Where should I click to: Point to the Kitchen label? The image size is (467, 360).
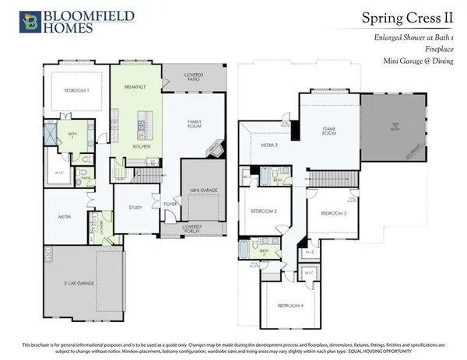(141, 145)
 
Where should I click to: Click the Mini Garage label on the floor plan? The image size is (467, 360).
(203, 190)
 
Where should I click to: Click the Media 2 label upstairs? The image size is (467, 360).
(269, 145)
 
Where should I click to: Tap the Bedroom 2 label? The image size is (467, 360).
(265, 211)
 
